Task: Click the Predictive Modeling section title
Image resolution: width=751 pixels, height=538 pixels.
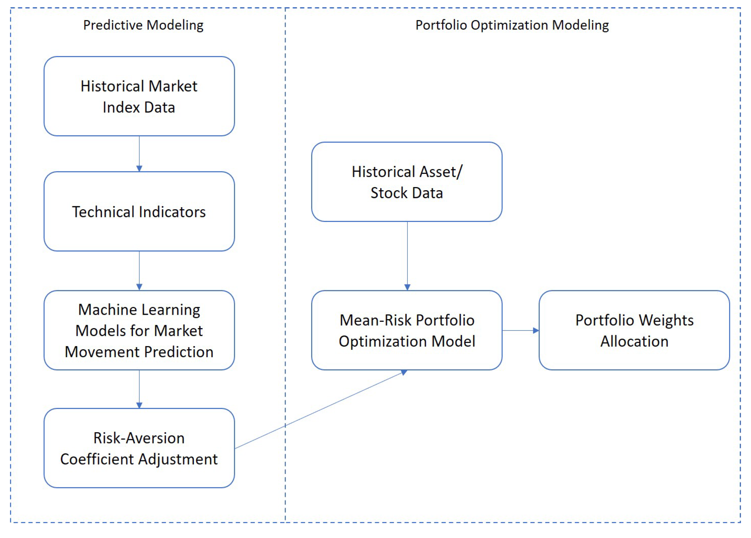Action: pyautogui.click(x=143, y=25)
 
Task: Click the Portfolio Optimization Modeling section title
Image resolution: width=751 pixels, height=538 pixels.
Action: pyautogui.click(x=512, y=25)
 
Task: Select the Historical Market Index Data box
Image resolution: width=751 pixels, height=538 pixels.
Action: pyautogui.click(x=139, y=96)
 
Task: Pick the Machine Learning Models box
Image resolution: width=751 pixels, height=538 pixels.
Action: pyautogui.click(x=139, y=330)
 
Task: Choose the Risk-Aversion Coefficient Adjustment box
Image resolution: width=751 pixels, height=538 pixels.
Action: pyautogui.click(x=139, y=448)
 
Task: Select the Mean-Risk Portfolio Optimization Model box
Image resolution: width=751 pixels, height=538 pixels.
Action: pyautogui.click(x=407, y=330)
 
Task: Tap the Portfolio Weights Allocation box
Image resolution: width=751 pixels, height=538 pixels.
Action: pyautogui.click(x=634, y=330)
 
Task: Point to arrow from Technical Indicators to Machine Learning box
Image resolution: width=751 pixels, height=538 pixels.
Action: pyautogui.click(x=139, y=270)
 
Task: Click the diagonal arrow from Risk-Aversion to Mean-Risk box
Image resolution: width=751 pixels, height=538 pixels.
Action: pyautogui.click(x=319, y=410)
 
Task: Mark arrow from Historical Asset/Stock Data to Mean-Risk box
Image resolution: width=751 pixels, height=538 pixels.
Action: pyautogui.click(x=407, y=255)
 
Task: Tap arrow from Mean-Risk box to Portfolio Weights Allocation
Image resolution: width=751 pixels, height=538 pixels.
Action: pyautogui.click(x=520, y=330)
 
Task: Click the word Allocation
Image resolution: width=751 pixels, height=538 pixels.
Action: pyautogui.click(x=634, y=341)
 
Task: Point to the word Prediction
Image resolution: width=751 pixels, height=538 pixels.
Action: pyautogui.click(x=179, y=352)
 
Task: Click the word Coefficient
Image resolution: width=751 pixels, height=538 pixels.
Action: pyautogui.click(x=97, y=459)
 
